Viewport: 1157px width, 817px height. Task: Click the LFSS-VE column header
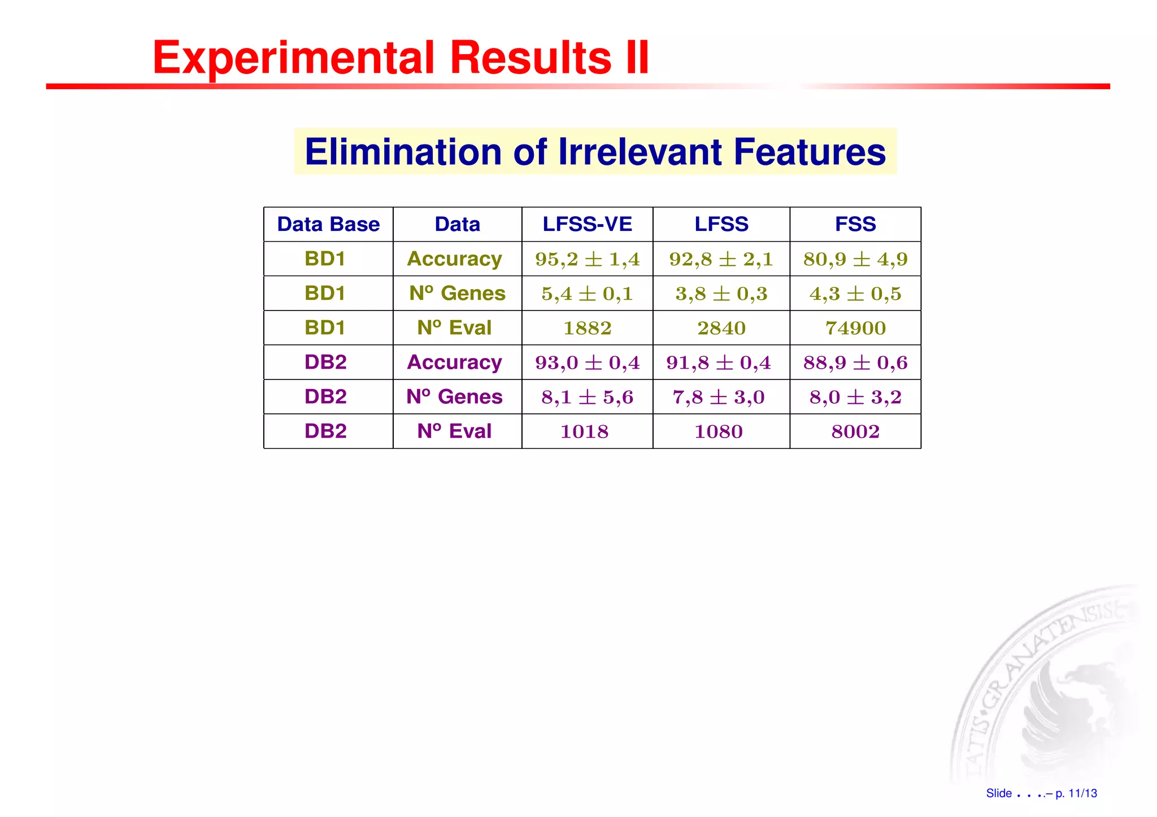[x=587, y=224]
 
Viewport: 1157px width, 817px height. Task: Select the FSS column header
[x=855, y=224]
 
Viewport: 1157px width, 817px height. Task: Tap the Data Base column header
[x=328, y=224]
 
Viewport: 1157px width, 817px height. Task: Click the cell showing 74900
[x=855, y=328]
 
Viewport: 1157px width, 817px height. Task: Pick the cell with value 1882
[x=587, y=328]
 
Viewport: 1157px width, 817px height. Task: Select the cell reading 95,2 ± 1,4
[x=587, y=259]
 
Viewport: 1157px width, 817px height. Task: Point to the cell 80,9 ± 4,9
[x=855, y=259]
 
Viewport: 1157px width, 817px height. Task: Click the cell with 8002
[x=855, y=431]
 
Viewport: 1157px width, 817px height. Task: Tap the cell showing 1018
[x=584, y=431]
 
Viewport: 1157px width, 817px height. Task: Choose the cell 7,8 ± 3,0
[x=718, y=397]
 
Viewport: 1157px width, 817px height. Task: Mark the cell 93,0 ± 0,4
[x=587, y=362]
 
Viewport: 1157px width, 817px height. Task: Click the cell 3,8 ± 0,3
[x=721, y=294]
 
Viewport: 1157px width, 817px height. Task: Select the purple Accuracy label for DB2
[x=454, y=362]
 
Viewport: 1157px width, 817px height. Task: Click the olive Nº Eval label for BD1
[x=454, y=327]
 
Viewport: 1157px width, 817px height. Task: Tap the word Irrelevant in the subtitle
[x=640, y=152]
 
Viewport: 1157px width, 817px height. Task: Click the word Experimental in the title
[x=294, y=58]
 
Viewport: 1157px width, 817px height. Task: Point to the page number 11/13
[x=1082, y=793]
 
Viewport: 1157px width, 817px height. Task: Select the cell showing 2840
[x=721, y=328]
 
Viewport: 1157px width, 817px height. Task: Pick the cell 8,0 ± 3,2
[x=855, y=397]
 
